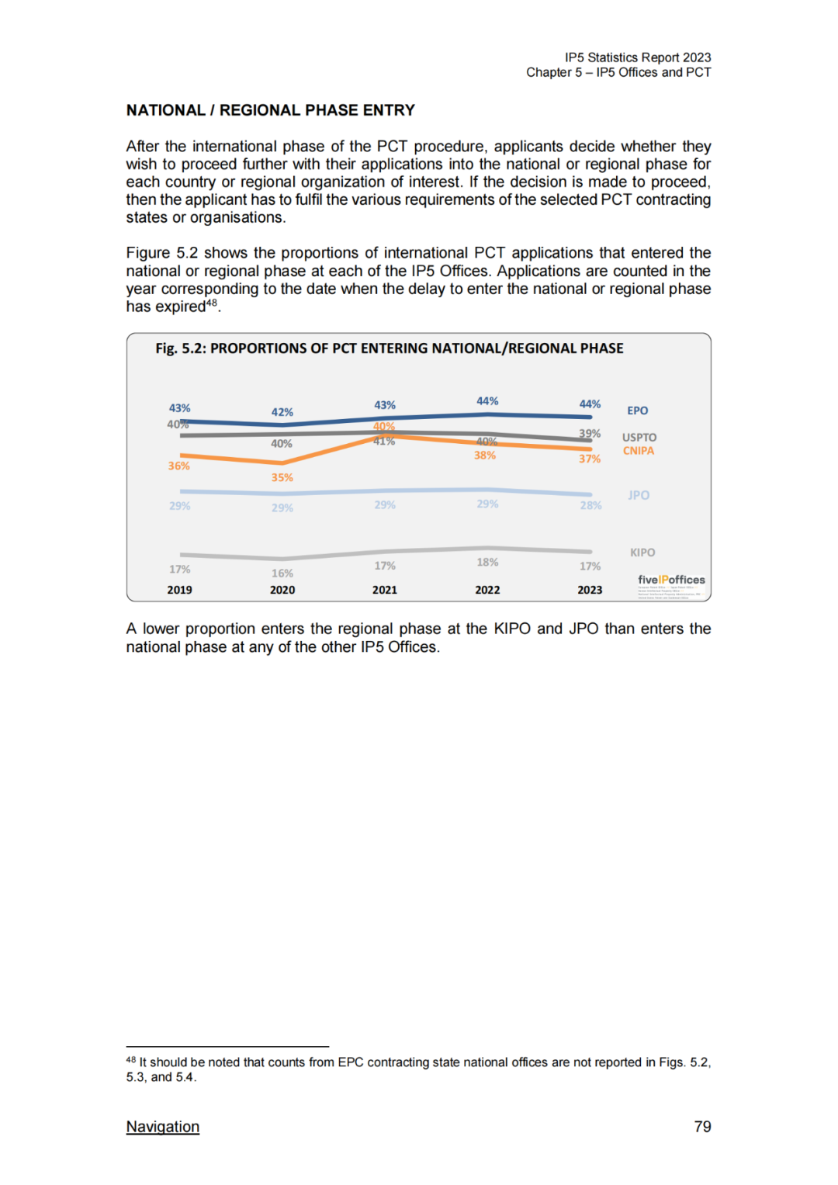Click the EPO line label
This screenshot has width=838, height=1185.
pos(637,411)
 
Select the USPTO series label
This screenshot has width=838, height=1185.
pos(639,438)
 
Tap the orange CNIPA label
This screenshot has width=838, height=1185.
pos(638,451)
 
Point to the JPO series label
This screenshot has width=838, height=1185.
pos(639,495)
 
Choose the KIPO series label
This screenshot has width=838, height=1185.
pos(642,553)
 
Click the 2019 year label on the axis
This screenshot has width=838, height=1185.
pos(179,590)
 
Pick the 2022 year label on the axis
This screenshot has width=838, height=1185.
pos(487,590)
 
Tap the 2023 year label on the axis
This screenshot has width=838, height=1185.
pos(590,590)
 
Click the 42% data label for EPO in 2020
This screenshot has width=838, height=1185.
pos(282,412)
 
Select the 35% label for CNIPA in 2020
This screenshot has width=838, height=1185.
pos(282,477)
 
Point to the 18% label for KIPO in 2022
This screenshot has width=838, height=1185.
pos(487,562)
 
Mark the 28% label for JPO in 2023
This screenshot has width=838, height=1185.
pos(590,505)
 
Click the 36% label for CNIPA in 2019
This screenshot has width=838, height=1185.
pos(178,466)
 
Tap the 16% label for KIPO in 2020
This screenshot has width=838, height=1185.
pos(282,573)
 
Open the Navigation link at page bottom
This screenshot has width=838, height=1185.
pos(162,1127)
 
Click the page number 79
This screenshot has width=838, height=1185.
pos(702,1127)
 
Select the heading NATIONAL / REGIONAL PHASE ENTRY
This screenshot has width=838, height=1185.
pos(270,110)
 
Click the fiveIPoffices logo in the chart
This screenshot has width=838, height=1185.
pos(671,580)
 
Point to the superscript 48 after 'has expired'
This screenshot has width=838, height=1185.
pos(211,303)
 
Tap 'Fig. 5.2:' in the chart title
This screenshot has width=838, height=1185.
pos(181,348)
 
